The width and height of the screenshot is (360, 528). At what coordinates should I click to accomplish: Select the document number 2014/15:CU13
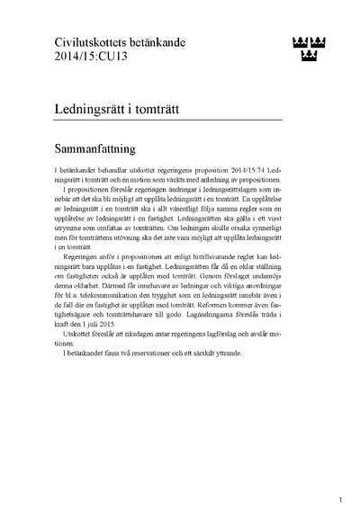coord(82,57)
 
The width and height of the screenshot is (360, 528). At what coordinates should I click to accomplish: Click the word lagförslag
coord(244,345)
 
